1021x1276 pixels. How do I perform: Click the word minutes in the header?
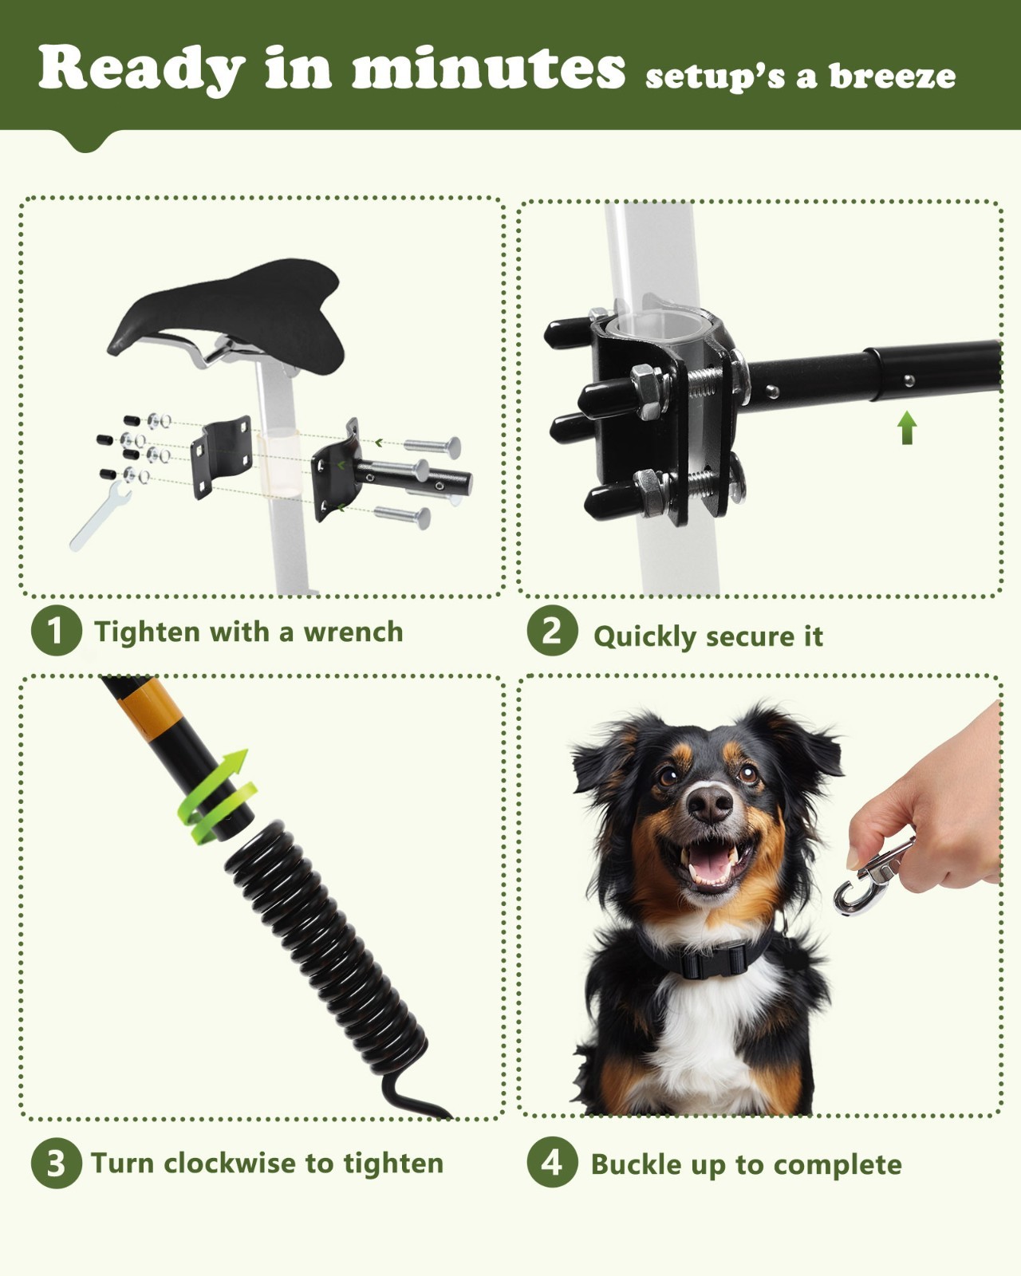(488, 69)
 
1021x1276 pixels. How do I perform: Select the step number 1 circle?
(56, 632)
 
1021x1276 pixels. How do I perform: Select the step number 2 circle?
(552, 632)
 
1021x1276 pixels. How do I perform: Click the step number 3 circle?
(56, 1163)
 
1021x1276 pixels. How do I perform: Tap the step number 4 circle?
(552, 1163)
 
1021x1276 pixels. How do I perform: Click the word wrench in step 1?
(353, 632)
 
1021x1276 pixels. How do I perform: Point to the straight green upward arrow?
(906, 427)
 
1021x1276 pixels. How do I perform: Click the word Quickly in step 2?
(645, 636)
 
